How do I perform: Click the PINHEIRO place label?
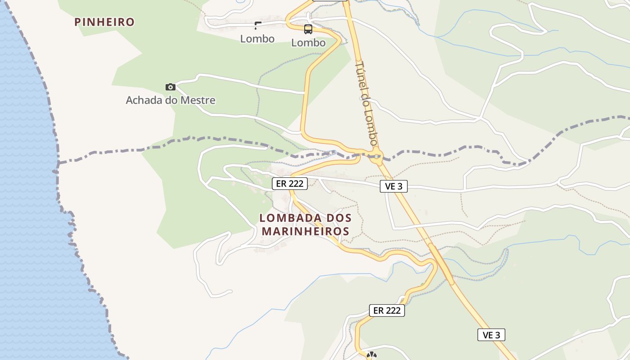click(x=104, y=22)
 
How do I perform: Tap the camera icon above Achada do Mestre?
click(x=170, y=87)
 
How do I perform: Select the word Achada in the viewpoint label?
click(x=144, y=100)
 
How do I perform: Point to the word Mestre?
click(x=198, y=100)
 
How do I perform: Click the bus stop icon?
click(x=308, y=30)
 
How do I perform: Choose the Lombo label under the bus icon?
click(x=308, y=43)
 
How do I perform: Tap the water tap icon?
click(x=257, y=26)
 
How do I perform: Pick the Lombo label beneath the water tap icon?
click(x=257, y=39)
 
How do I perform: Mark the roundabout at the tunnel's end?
click(x=376, y=157)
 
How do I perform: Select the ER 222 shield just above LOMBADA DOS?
click(x=290, y=184)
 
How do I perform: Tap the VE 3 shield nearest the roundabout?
click(x=393, y=186)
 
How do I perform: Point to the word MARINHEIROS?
click(x=306, y=231)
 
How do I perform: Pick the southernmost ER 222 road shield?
click(x=387, y=310)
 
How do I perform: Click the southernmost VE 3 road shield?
click(x=491, y=335)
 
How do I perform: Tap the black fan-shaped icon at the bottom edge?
click(x=371, y=356)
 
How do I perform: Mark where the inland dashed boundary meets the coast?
click(x=57, y=162)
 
